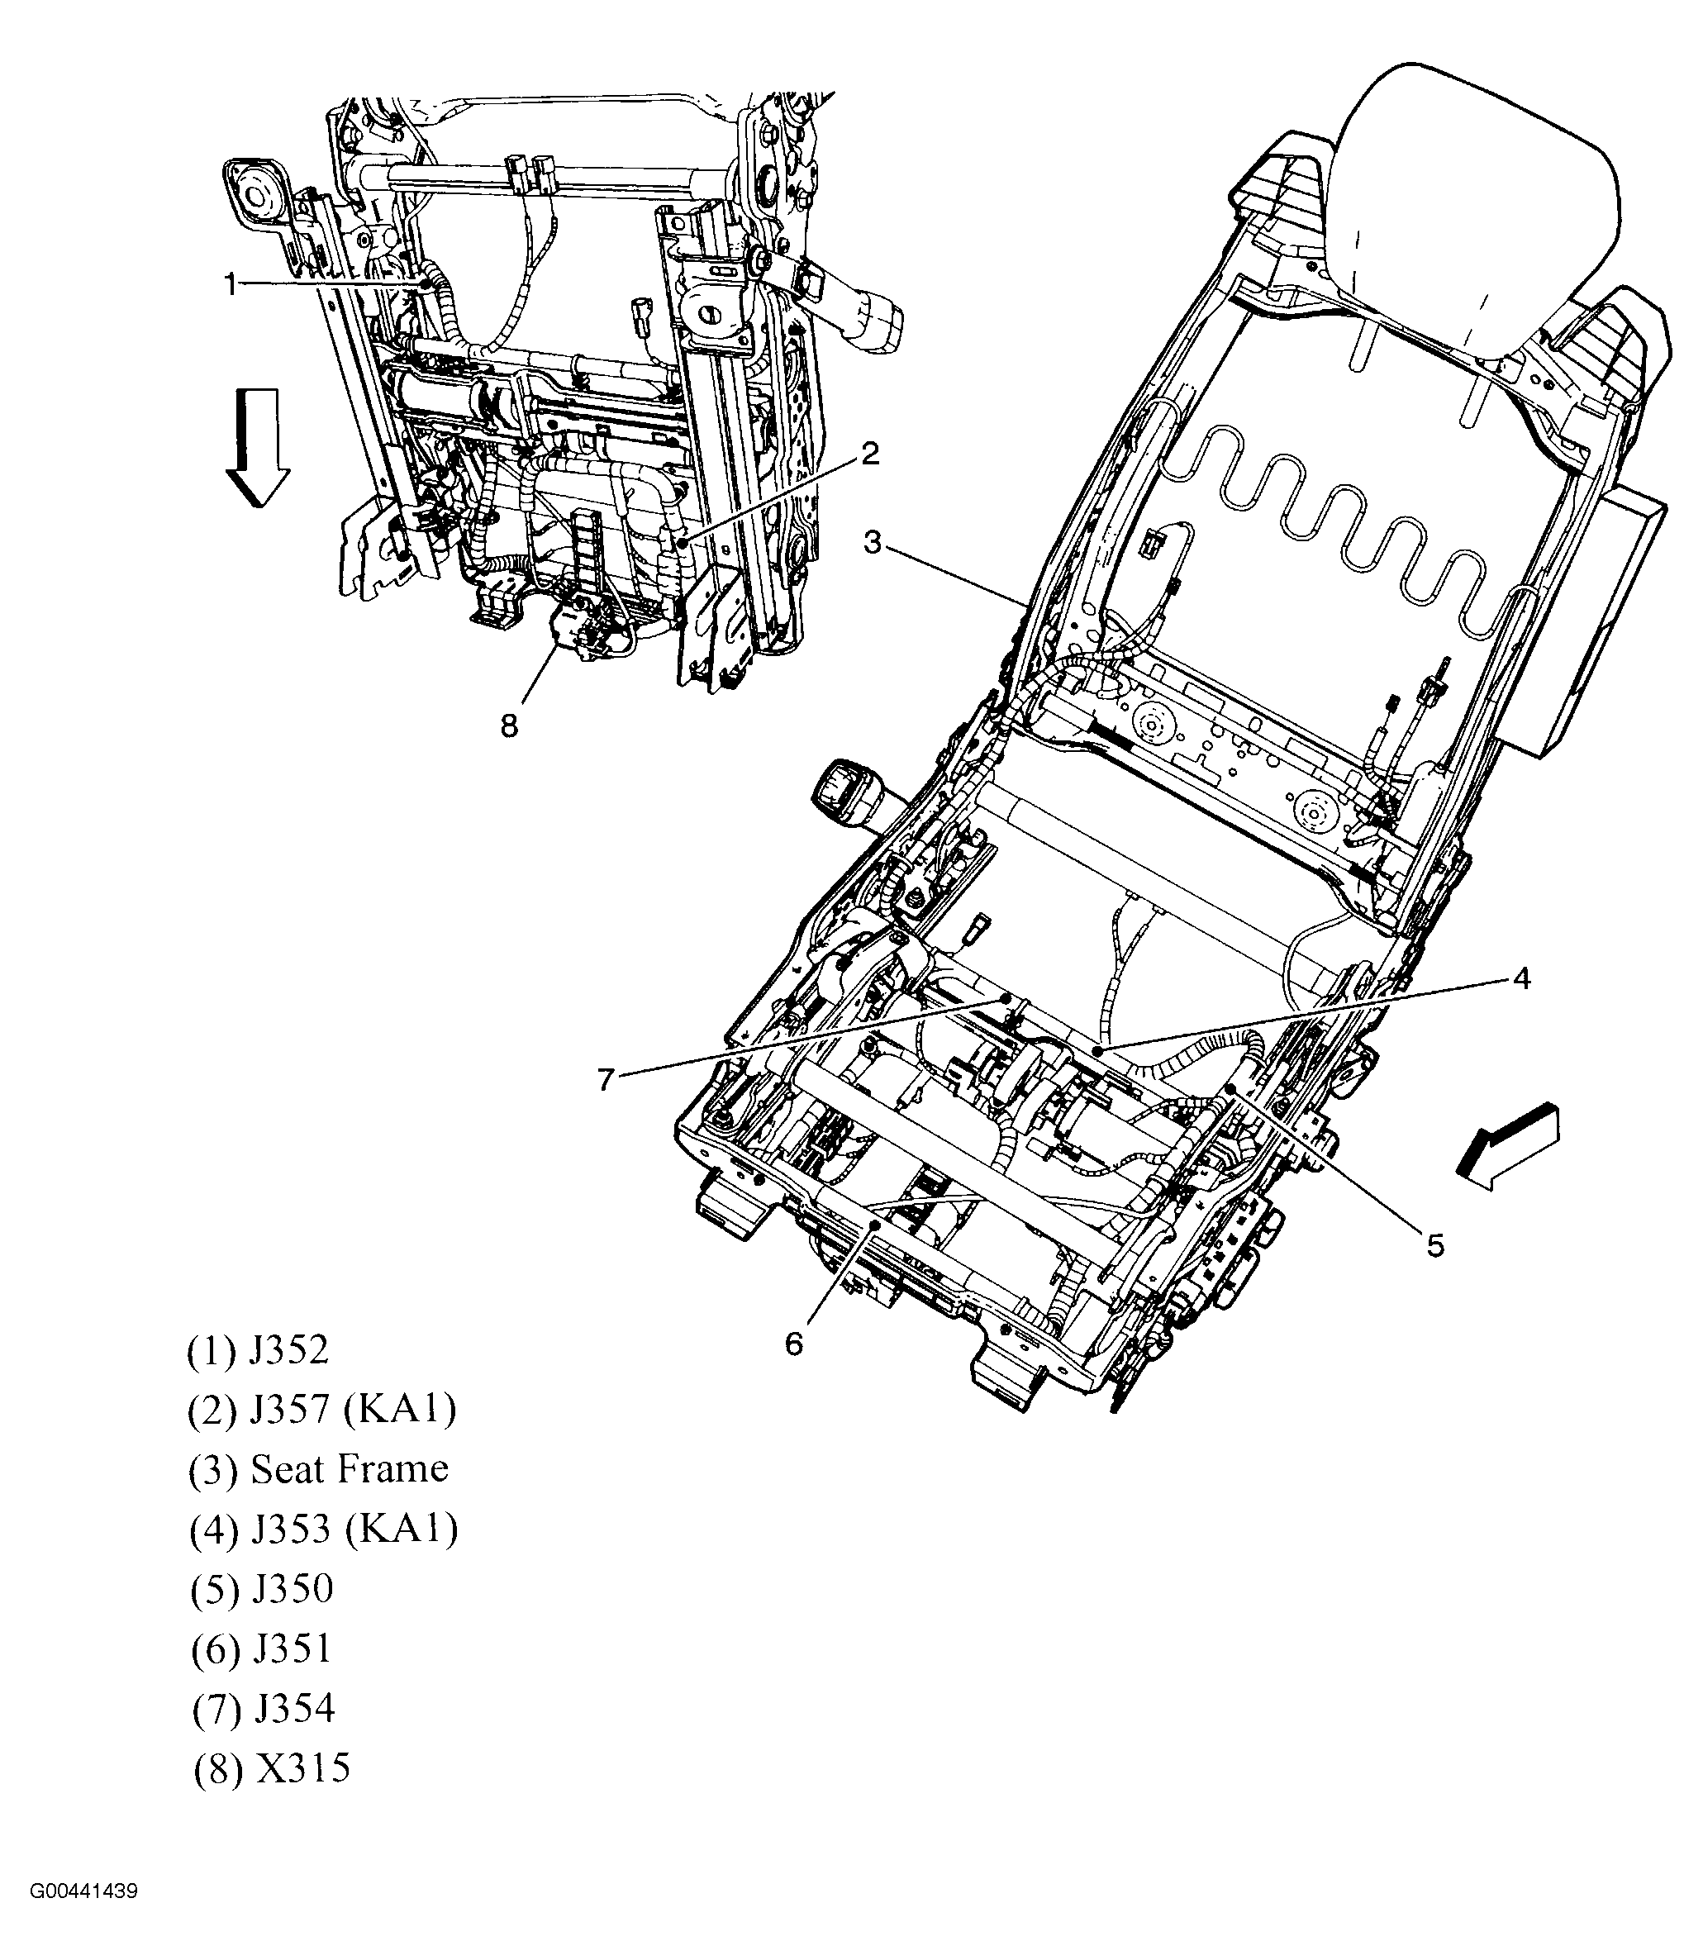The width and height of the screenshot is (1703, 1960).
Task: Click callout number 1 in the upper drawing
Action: pos(230,283)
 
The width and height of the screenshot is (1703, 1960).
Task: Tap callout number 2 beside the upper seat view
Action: pos(869,454)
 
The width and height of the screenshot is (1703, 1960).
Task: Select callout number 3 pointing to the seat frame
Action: pos(873,543)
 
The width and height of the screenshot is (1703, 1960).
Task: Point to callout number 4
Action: pos(1521,978)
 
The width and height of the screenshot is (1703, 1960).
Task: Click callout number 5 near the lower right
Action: pos(1435,1244)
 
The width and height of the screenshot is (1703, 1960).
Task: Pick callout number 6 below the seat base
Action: pos(794,1343)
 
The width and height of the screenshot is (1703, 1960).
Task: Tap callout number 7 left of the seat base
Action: pos(607,1080)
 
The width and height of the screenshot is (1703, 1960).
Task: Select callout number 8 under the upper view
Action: pos(509,726)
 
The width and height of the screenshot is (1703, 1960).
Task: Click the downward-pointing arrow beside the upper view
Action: pos(258,447)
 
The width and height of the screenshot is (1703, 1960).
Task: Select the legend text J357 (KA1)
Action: pos(322,1410)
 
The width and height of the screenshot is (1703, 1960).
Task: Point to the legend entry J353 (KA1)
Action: pos(324,1529)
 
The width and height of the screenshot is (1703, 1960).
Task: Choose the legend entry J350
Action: pos(262,1589)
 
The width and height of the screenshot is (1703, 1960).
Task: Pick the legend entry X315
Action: pos(272,1769)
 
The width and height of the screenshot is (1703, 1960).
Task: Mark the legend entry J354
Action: pos(264,1709)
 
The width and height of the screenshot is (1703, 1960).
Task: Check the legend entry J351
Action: pos(261,1649)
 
